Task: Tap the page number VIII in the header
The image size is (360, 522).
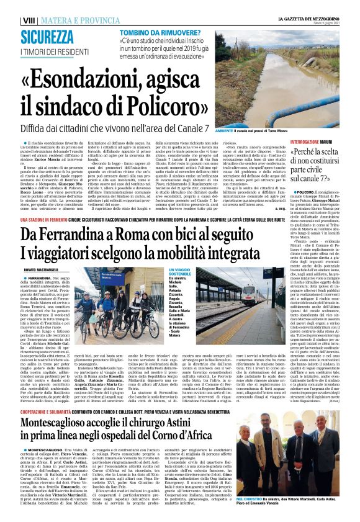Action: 29,20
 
